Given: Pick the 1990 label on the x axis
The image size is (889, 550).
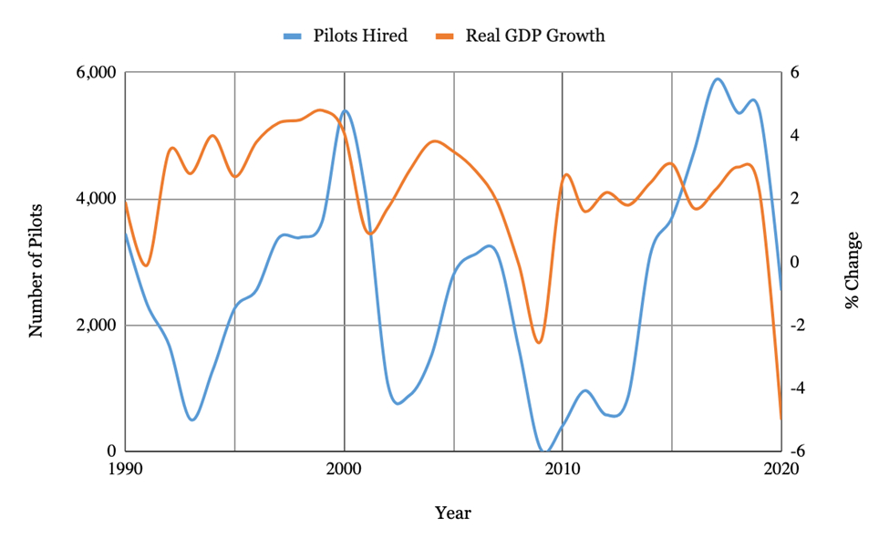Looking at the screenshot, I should pos(126,468).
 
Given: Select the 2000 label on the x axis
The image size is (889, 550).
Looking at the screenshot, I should pos(344,468).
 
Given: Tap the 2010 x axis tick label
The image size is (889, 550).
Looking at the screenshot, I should pos(562,468).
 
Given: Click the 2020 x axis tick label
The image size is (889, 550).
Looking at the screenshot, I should pos(780,468).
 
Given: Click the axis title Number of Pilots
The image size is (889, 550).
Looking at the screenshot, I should pos(36,263).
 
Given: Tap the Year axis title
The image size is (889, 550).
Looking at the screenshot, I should pos(452,513).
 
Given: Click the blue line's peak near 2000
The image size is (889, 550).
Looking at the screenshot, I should pos(345,110).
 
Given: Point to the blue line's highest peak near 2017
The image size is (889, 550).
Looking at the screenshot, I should pos(718,78).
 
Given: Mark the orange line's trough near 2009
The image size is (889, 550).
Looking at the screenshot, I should pos(539,343).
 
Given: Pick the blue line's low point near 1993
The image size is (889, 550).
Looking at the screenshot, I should pos(192,420).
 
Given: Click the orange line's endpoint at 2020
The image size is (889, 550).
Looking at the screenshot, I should pos(780,419).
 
